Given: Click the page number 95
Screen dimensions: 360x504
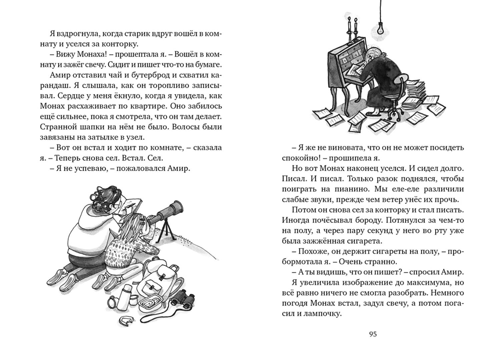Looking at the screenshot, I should (373, 334).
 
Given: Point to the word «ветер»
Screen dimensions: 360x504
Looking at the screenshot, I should (402, 199).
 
